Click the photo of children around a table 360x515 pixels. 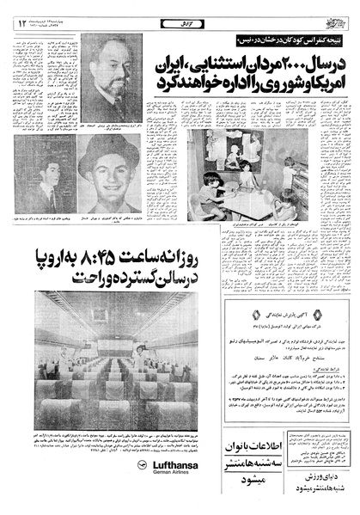[x=241, y=181]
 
